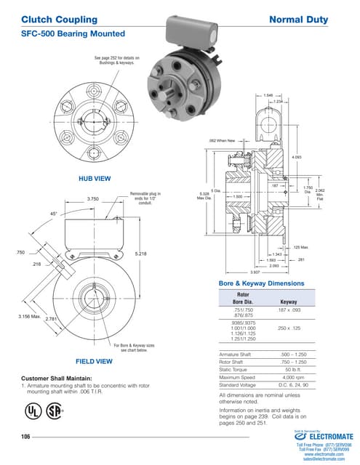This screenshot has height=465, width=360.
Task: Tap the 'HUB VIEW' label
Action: (x=94, y=177)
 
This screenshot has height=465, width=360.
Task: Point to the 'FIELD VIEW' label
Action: (x=94, y=361)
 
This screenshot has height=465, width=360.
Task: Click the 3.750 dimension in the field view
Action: (x=93, y=198)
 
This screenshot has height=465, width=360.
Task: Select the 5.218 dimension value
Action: (x=141, y=253)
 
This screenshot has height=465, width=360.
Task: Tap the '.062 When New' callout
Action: (x=221, y=140)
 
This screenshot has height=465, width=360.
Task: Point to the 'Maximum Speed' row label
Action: (x=239, y=378)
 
